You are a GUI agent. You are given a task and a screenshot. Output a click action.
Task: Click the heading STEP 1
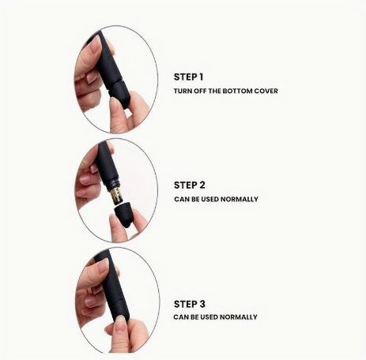pyautogui.click(x=188, y=77)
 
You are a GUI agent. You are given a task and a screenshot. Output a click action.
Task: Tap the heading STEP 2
pyautogui.click(x=190, y=185)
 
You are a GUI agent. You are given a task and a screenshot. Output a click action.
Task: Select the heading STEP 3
pyautogui.click(x=190, y=304)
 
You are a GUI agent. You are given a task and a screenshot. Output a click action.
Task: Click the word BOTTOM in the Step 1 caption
pyautogui.click(x=236, y=91)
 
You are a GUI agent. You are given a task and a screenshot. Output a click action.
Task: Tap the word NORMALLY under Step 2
pyautogui.click(x=240, y=199)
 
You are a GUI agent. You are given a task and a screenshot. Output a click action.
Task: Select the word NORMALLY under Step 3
pyautogui.click(x=239, y=317)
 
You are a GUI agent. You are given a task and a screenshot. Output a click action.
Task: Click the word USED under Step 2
pyautogui.click(x=209, y=199)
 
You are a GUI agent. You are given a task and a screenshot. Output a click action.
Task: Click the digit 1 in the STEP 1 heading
pyautogui.click(x=201, y=77)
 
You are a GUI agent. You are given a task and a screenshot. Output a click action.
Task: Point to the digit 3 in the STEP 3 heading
pyautogui.click(x=202, y=304)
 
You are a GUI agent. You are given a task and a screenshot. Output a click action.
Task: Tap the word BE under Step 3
pyautogui.click(x=194, y=317)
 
